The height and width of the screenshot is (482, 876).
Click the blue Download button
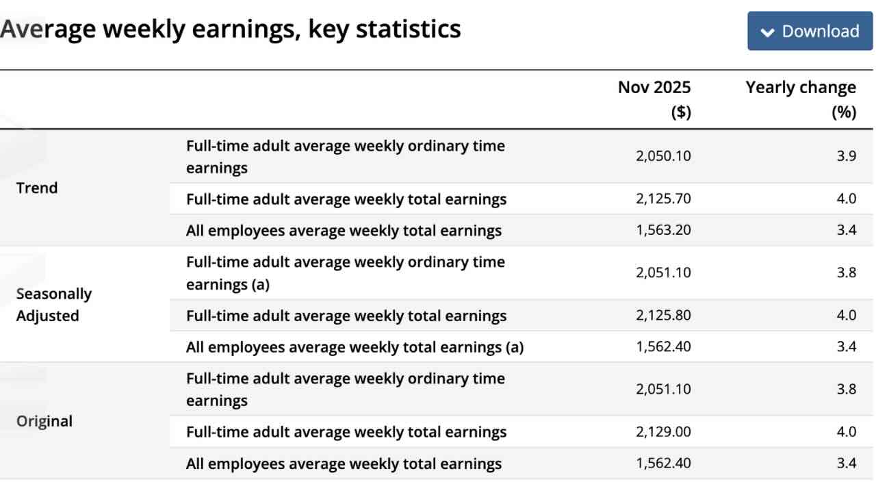[809, 31]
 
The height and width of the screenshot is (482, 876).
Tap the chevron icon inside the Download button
[768, 32]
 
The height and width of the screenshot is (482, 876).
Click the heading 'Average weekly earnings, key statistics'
[231, 29]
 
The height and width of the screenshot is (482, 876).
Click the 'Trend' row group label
[37, 188]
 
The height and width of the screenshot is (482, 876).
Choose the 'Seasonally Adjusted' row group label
[53, 305]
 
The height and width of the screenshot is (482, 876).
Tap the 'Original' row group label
[44, 421]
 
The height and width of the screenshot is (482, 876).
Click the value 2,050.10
[663, 156]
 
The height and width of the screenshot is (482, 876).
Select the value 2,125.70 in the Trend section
[663, 199]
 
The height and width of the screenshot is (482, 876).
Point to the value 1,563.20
[663, 231]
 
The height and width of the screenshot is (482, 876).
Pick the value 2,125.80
[663, 316]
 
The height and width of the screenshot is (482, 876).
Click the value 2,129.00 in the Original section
[663, 432]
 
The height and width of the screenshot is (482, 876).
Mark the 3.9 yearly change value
[846, 156]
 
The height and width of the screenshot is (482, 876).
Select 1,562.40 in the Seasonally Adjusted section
[663, 347]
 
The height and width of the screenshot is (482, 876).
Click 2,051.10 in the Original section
[663, 389]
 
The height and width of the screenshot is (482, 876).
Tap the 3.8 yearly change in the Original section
[846, 389]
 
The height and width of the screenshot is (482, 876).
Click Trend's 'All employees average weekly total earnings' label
[344, 231]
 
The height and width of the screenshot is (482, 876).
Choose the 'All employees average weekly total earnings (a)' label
[355, 347]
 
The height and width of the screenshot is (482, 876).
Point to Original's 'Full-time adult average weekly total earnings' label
[346, 432]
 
